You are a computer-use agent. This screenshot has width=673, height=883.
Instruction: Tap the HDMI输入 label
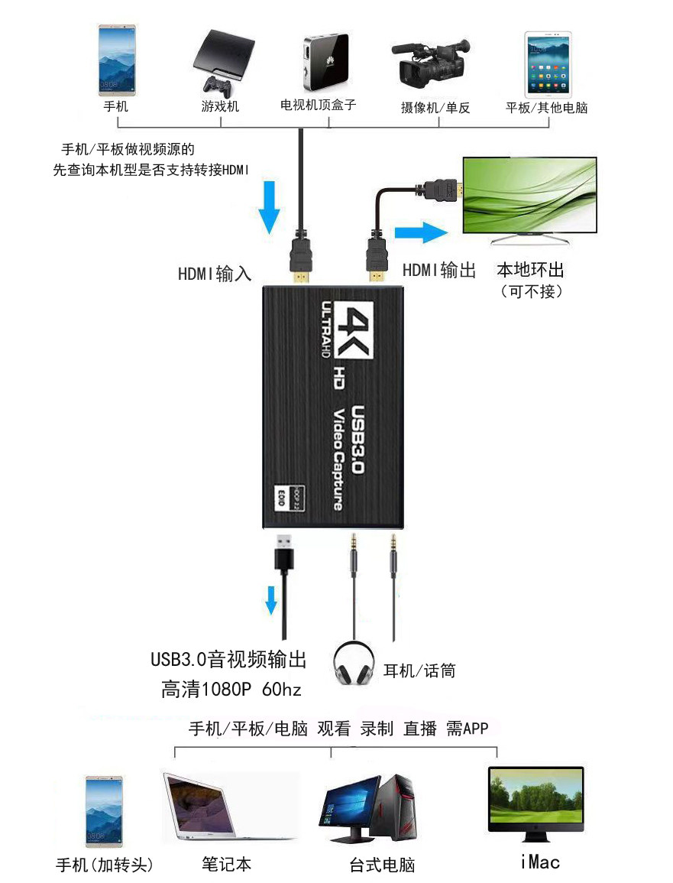(x=215, y=273)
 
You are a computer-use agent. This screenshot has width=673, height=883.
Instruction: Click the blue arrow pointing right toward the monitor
(x=419, y=233)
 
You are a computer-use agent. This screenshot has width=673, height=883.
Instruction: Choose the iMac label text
(x=540, y=862)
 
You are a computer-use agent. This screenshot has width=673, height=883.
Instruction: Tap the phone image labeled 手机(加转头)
(x=104, y=812)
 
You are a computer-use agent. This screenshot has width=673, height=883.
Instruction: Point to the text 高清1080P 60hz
(x=231, y=690)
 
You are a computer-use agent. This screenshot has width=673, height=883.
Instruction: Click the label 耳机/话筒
(x=419, y=671)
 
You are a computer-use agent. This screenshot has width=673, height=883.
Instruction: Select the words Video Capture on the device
(x=337, y=459)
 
